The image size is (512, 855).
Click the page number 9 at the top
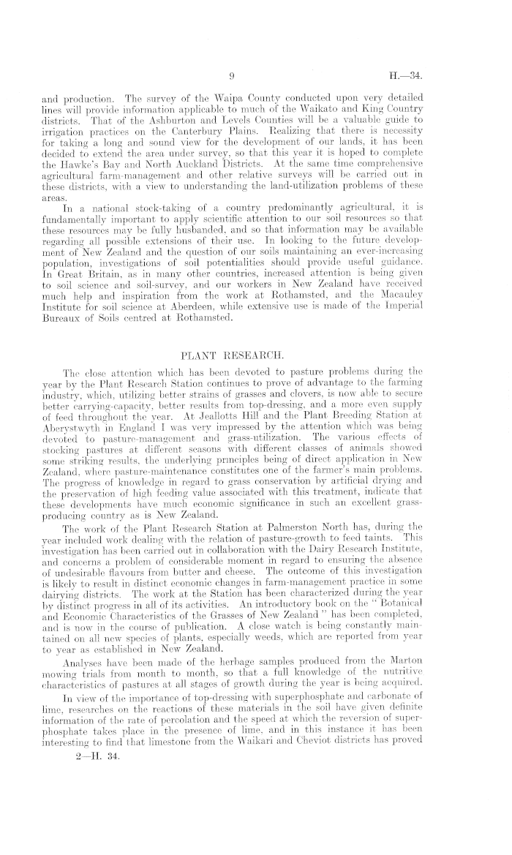230,75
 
